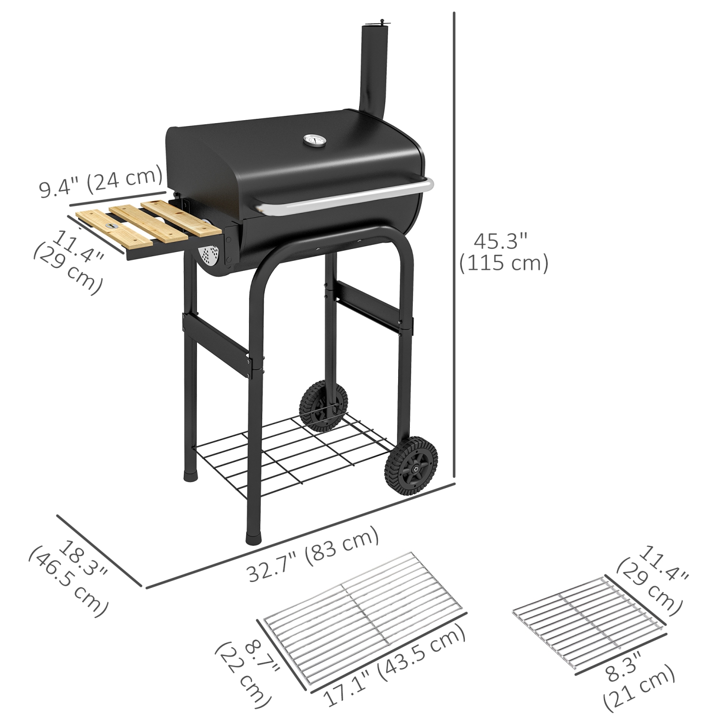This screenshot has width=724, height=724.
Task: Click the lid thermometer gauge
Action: [x=311, y=141]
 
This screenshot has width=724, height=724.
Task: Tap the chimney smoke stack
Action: [x=373, y=72]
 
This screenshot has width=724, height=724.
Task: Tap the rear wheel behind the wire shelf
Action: [x=322, y=404]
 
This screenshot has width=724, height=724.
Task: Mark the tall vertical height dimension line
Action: [x=454, y=241]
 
